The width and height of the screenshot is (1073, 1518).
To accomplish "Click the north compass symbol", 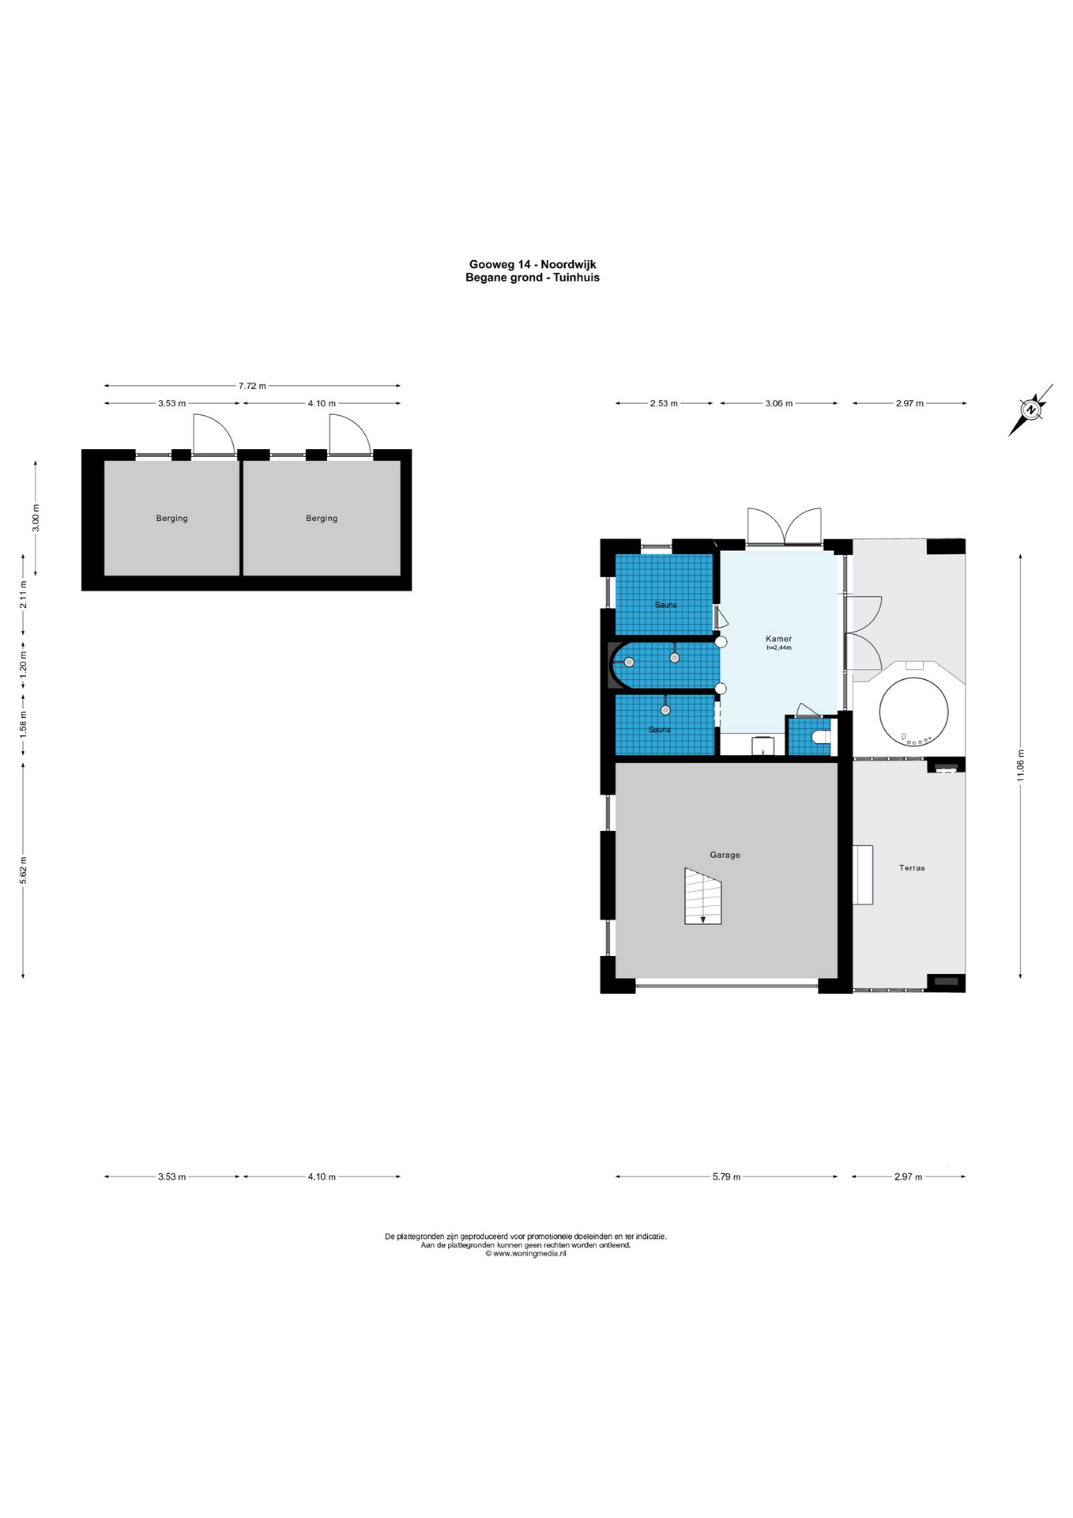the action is coord(1030,410).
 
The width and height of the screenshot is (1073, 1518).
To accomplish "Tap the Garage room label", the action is coord(725,855).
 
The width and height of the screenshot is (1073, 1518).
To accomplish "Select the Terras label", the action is coord(912,867).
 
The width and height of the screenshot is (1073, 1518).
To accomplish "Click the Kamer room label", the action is coord(778,639).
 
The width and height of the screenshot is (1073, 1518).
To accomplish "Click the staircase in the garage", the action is coord(702,896).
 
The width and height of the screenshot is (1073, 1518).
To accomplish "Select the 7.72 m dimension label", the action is coord(252,386).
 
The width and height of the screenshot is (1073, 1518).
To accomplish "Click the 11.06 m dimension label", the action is coord(1021,765).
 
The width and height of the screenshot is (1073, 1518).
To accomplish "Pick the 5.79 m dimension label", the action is coord(726,1176).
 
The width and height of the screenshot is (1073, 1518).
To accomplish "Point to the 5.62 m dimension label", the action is coord(23,870).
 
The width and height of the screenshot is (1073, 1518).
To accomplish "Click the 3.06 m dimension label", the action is coord(778,403).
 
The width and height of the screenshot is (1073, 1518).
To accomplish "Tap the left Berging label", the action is coord(171,519).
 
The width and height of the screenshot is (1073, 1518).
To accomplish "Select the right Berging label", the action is coord(322,519).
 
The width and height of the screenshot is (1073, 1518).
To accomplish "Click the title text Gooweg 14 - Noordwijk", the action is coord(533,264).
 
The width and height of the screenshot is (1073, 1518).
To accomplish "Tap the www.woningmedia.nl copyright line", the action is coord(525,1253).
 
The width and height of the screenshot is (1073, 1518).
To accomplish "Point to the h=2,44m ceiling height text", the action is coord(778,648).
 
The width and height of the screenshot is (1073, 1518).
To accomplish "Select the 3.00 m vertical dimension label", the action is coord(36,518).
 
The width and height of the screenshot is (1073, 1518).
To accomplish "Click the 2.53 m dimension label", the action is coord(664,403).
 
